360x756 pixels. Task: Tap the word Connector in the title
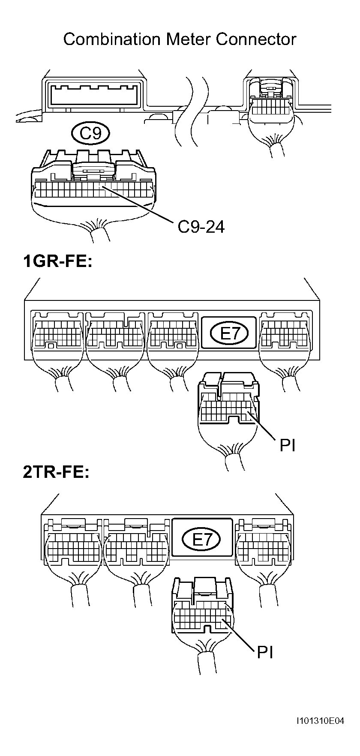point(256,39)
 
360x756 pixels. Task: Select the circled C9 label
point(91,134)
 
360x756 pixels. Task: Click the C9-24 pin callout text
point(201,227)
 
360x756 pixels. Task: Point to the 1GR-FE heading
point(57,262)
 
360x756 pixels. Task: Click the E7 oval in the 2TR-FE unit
point(201,539)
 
